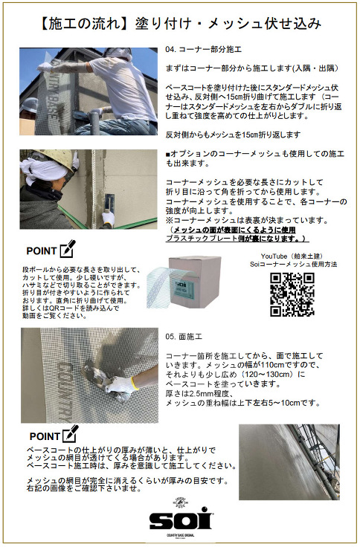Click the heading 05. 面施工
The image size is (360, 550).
(184, 337)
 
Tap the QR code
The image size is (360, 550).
(292, 294)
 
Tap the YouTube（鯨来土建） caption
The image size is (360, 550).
(290, 255)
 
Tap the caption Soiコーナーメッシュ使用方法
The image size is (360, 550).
(290, 264)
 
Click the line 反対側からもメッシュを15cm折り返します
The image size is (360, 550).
(232, 135)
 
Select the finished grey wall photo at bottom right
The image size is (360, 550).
(288, 462)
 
